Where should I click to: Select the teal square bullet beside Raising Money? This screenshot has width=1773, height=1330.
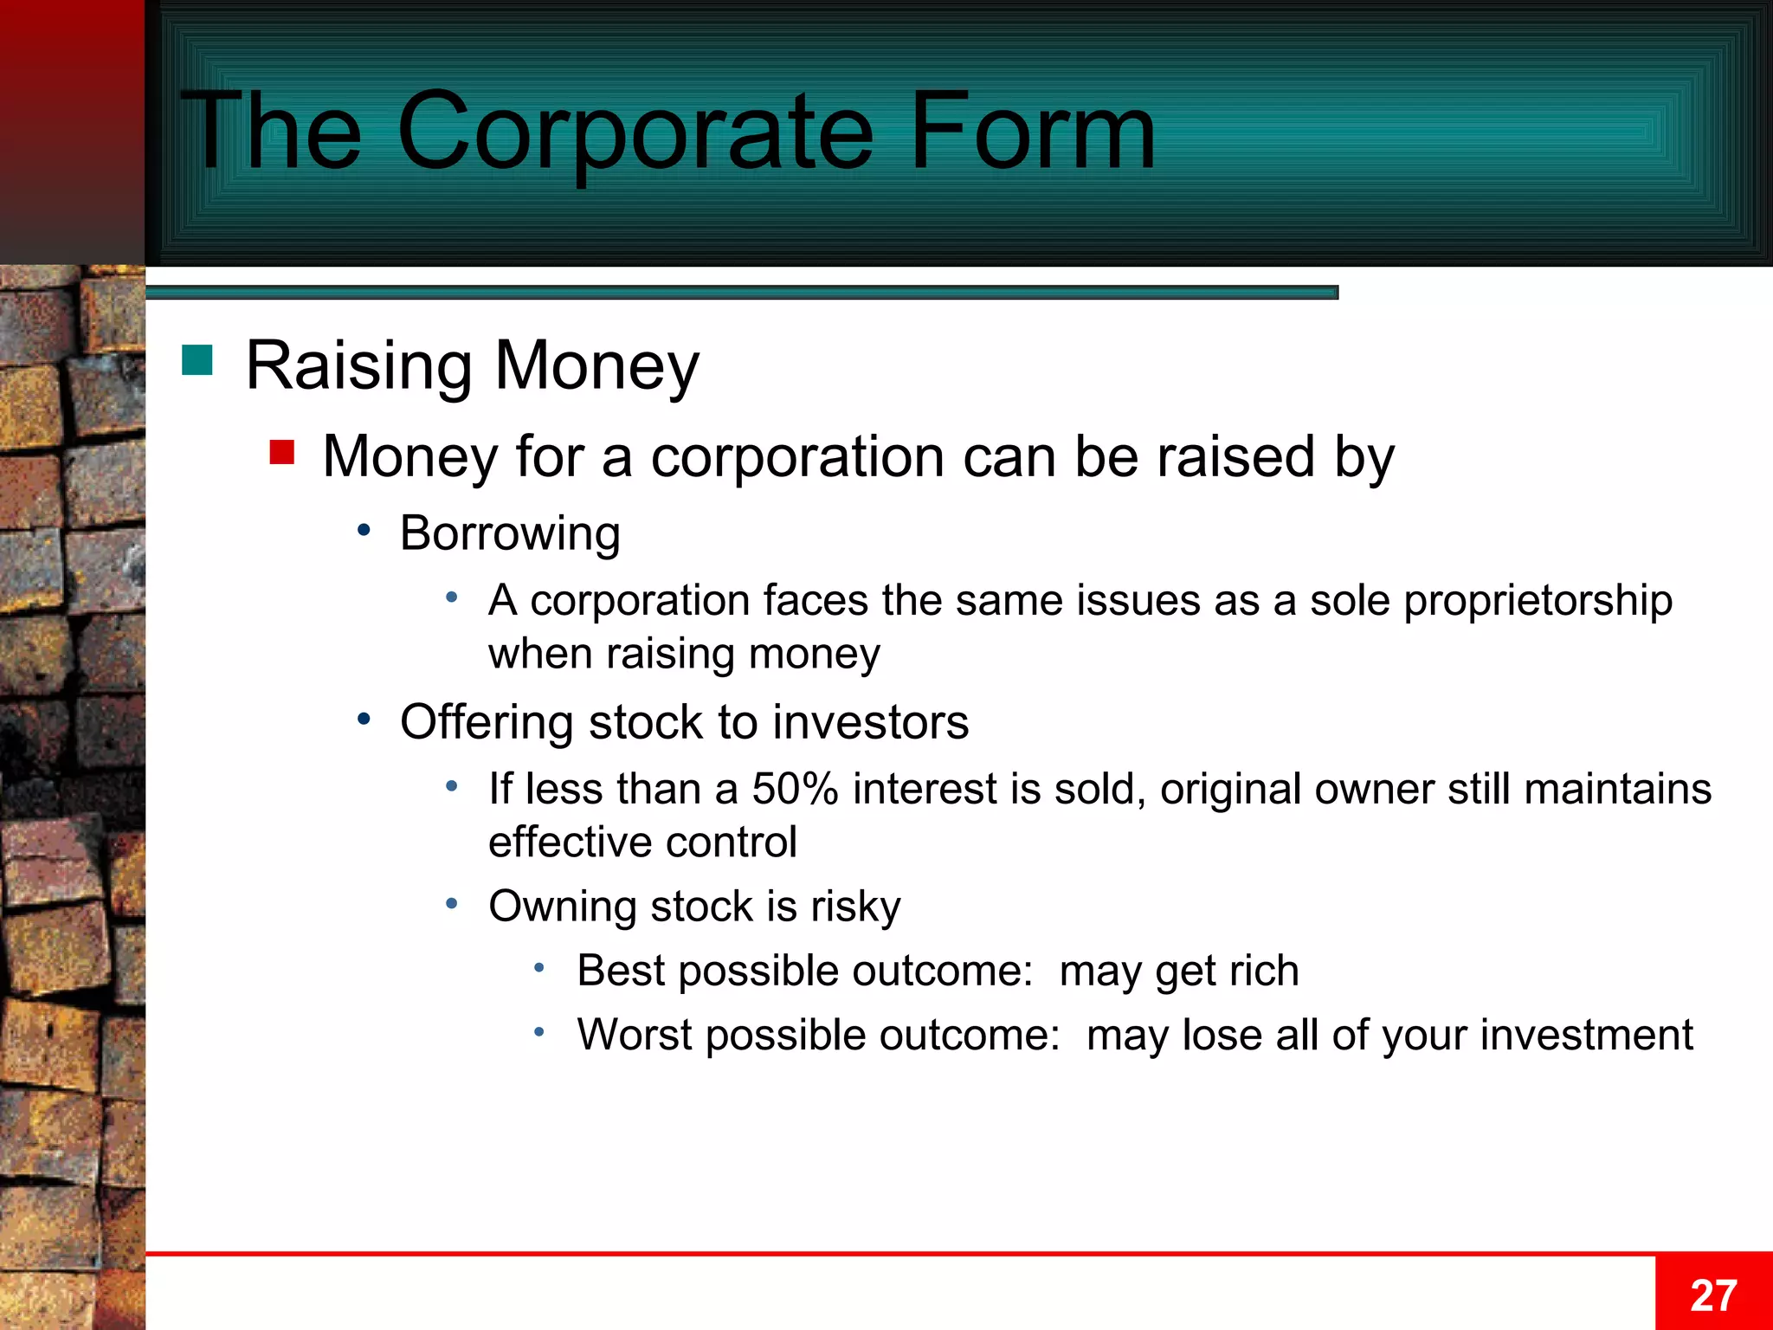coord(197,360)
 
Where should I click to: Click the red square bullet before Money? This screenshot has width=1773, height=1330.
coord(282,452)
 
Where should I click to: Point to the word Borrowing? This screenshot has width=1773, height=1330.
coord(510,533)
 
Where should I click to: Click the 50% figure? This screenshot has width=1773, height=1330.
coord(795,789)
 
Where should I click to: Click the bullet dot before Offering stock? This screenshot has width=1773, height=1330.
coord(364,719)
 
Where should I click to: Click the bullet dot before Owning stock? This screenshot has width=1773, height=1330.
coord(452,904)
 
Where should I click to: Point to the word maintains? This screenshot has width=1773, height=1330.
coord(1617,789)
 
